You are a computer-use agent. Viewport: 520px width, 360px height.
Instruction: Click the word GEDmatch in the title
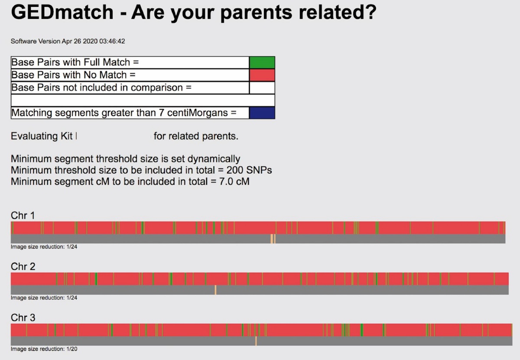(62, 12)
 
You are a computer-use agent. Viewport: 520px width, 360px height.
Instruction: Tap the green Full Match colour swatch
(262, 62)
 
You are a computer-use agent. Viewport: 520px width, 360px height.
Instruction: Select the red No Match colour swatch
(262, 75)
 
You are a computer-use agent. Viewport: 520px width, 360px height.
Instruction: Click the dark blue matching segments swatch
(262, 113)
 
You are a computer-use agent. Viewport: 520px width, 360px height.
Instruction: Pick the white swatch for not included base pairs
(262, 88)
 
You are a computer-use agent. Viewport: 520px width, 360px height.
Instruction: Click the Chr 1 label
(23, 215)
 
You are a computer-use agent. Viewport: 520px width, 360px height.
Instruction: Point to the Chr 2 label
(23, 266)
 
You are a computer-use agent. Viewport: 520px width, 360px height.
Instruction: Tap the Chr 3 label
(23, 318)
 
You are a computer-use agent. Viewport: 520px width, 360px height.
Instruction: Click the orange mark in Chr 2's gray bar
(215, 290)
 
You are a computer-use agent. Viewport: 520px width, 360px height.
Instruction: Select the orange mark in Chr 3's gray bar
(256, 341)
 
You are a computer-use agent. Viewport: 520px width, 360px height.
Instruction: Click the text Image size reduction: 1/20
(44, 349)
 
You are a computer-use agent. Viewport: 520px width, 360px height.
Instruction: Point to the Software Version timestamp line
(68, 41)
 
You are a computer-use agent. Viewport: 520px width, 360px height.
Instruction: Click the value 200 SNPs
(249, 170)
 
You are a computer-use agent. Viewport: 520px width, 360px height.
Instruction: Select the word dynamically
(214, 159)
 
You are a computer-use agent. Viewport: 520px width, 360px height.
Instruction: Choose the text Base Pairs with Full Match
(71, 62)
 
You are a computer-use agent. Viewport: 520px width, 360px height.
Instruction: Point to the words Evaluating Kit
(42, 136)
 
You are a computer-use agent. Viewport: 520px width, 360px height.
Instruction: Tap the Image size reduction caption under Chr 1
(44, 247)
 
